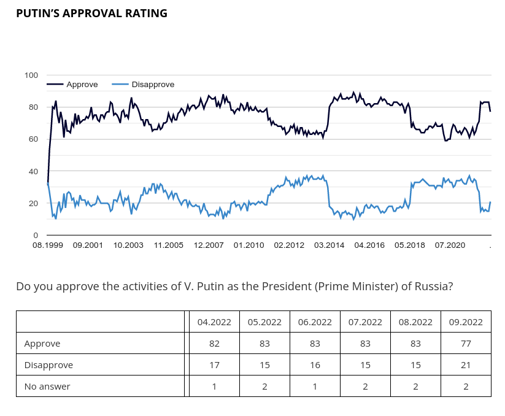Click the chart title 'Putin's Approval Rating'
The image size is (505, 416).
click(92, 13)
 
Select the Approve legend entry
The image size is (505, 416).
click(72, 84)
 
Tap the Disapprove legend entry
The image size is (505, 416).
click(143, 84)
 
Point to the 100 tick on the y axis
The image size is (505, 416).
click(31, 75)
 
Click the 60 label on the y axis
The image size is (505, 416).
click(33, 139)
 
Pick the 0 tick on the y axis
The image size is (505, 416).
click(36, 236)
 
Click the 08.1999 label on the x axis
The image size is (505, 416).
click(48, 245)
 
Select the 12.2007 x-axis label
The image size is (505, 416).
click(209, 245)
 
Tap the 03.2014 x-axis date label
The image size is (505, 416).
click(329, 245)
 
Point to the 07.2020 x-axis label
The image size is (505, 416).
click(450, 245)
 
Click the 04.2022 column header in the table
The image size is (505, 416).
click(214, 322)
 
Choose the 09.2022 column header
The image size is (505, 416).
click(466, 322)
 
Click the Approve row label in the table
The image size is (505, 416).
click(42, 344)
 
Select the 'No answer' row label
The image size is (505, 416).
click(47, 387)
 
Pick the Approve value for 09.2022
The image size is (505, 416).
click(466, 344)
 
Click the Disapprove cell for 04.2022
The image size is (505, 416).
click(214, 365)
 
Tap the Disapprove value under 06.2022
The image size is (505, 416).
click(315, 365)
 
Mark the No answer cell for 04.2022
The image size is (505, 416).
click(214, 387)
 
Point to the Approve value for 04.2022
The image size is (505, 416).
click(214, 344)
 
